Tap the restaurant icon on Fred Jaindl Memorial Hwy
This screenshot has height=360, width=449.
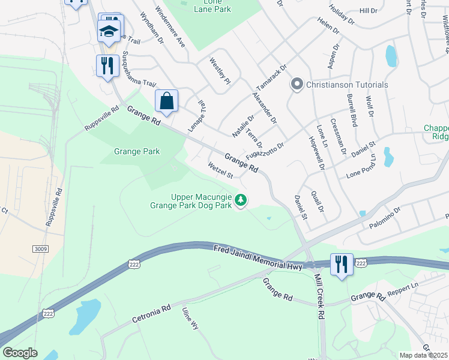[341, 265]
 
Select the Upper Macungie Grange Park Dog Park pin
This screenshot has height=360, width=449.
[241, 200]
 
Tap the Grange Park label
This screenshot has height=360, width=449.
[137, 152]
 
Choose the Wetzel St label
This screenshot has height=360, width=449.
[220, 170]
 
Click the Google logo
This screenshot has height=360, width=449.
[19, 353]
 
